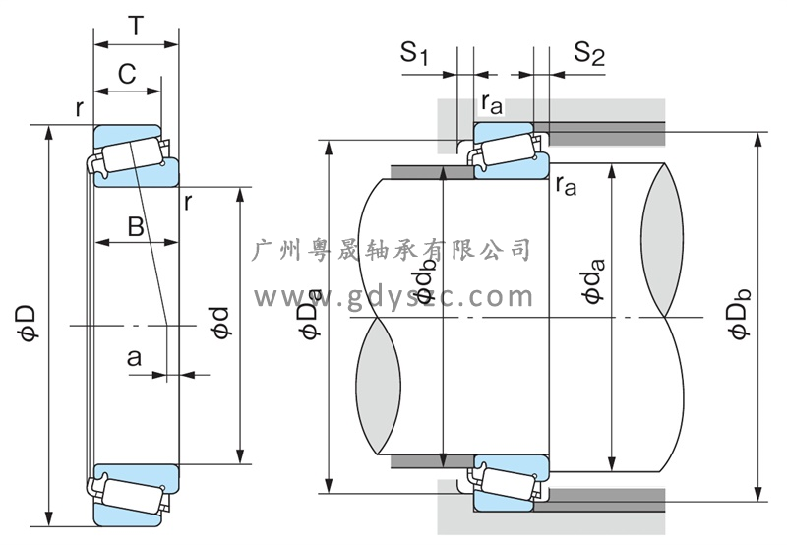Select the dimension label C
[126, 73]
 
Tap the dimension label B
[136, 227]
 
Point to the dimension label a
[134, 359]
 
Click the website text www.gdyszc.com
[393, 295]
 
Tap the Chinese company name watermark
[393, 249]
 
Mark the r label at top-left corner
[79, 107]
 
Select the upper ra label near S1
[491, 103]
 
